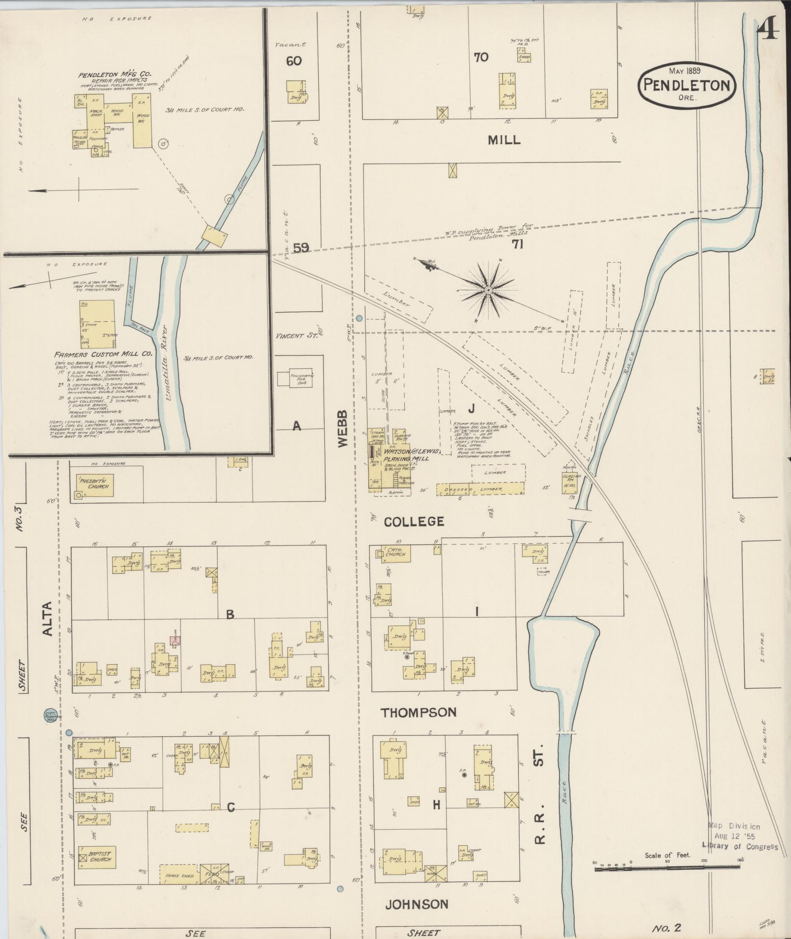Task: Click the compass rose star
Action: tap(488, 291)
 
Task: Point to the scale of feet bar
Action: tap(667, 868)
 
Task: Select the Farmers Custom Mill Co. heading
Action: tap(103, 353)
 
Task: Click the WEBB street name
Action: tap(342, 429)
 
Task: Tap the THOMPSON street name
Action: tap(419, 712)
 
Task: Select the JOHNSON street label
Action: tap(416, 904)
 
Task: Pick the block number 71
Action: tap(517, 244)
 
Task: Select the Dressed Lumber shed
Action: tap(480, 489)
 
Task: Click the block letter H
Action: tap(435, 805)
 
